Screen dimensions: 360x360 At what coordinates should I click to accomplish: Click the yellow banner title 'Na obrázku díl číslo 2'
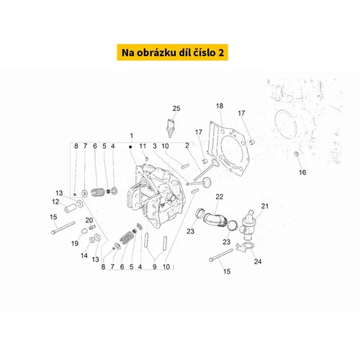[173, 53]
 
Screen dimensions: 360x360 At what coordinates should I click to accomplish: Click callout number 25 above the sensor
[176, 109]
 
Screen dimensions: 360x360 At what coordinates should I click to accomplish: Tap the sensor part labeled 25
[170, 128]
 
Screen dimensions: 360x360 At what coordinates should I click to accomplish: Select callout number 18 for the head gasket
[220, 106]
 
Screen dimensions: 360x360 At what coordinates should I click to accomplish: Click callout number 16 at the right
[302, 172]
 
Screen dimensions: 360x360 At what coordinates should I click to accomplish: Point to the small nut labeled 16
[297, 153]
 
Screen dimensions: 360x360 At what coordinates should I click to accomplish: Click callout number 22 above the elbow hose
[220, 197]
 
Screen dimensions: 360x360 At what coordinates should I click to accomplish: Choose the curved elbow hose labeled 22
[215, 219]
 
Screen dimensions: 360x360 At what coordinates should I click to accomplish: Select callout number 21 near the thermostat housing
[265, 206]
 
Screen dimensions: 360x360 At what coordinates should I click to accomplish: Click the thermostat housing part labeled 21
[248, 225]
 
